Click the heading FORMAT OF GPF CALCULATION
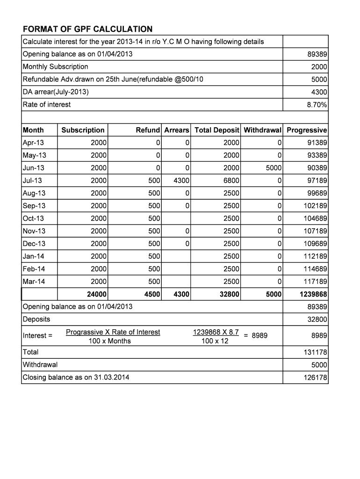(87, 29)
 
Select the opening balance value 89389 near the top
(317, 54)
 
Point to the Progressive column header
(307, 130)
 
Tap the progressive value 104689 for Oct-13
(315, 218)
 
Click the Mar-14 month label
(34, 282)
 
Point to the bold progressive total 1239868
(313, 294)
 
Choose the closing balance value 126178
(315, 377)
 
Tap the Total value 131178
(315, 352)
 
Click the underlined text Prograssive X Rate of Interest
(113, 332)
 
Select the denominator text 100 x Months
(110, 341)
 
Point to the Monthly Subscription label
(56, 67)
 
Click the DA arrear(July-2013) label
(56, 92)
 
